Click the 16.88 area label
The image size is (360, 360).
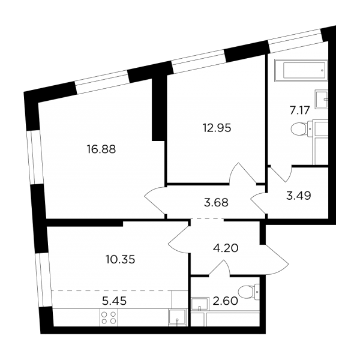101,149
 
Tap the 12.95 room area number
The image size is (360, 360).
217,128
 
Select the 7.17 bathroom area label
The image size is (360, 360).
299,110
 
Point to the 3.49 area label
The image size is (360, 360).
299,196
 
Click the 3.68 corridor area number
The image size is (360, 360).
216,203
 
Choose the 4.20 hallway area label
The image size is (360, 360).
226,248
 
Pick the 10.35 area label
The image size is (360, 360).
121,260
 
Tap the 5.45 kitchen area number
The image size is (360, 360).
114,301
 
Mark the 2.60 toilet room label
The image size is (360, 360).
225,301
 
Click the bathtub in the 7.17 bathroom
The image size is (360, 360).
301,70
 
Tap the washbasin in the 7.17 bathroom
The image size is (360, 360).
321,99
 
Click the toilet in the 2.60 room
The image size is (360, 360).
249,292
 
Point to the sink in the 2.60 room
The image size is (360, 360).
200,304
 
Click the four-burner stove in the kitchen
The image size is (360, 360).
109,317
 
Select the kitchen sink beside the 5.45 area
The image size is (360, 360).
177,317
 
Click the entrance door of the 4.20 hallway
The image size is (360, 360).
275,259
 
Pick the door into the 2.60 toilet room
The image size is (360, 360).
219,267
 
